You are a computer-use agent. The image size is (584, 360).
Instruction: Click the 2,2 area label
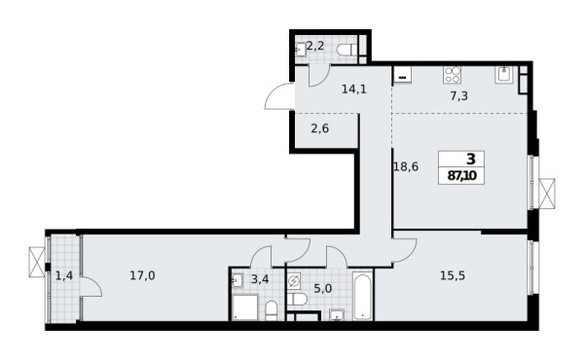pos(315,46)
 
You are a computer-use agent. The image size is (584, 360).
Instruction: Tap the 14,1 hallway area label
pos(326,88)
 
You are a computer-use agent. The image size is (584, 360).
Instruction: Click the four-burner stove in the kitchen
pos(454,74)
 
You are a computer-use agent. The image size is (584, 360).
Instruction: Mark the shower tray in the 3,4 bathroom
pos(241,307)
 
